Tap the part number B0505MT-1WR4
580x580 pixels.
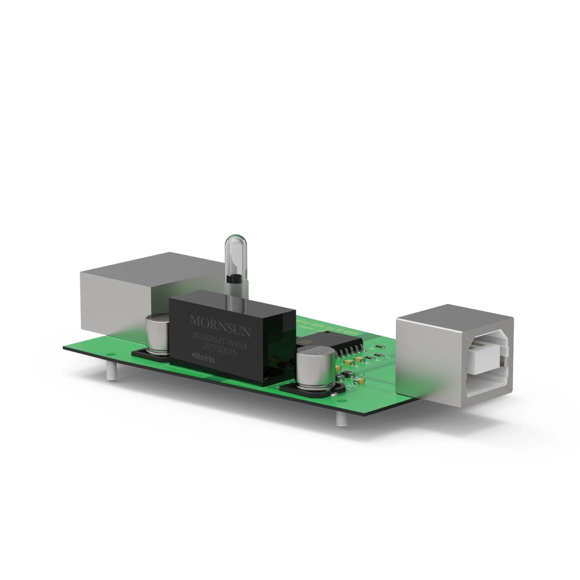(221, 338)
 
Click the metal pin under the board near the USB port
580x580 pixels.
(339, 419)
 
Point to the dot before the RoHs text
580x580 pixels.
(194, 356)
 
